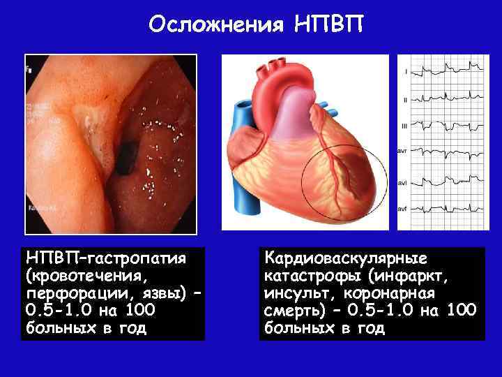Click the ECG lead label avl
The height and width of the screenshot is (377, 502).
tap(402, 182)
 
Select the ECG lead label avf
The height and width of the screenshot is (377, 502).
tap(402, 208)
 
